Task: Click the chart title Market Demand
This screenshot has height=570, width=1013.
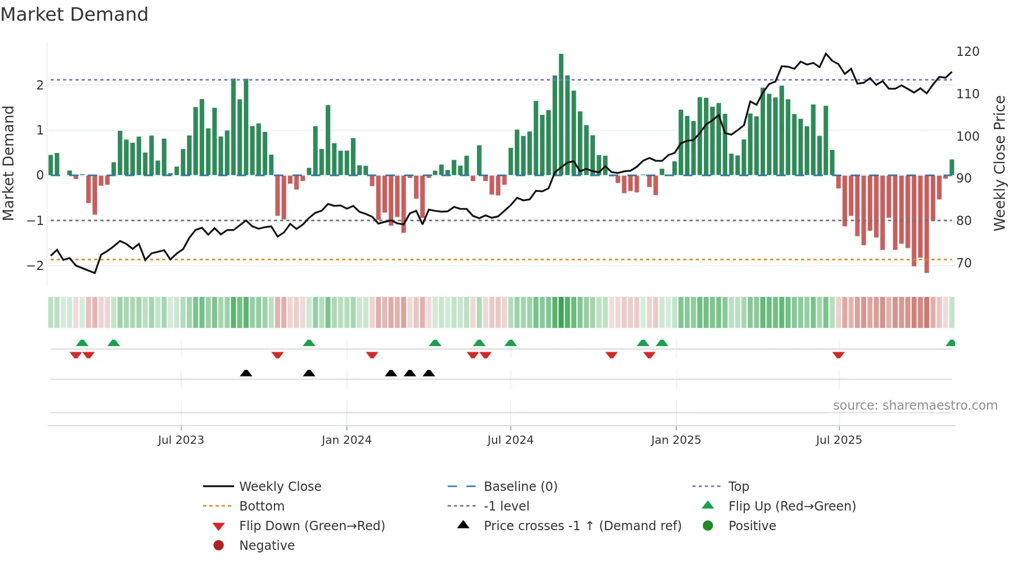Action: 74,14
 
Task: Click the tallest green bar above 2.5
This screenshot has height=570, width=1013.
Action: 561,114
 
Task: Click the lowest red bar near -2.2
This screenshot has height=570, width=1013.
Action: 927,223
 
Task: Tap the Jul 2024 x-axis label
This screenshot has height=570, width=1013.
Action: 510,440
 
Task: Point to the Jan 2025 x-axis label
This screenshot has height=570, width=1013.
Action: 676,440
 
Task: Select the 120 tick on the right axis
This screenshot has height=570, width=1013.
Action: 968,52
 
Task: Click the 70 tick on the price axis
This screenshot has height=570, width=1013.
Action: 964,263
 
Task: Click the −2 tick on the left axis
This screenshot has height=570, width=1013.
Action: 35,265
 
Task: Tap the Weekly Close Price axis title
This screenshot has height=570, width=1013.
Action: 1000,163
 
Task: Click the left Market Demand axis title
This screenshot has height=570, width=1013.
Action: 8,163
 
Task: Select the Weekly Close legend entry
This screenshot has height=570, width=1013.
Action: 280,487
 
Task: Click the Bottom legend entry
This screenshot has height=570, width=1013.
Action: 262,506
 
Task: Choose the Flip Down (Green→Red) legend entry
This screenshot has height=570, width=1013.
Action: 312,526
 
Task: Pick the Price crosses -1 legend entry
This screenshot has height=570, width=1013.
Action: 582,526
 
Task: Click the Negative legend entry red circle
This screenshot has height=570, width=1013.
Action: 219,546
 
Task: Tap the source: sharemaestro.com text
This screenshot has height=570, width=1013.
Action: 915,406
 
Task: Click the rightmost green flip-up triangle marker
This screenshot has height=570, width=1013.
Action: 950,343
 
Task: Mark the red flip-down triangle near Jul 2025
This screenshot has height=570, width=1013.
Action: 838,355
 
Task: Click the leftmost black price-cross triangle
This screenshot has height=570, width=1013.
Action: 246,373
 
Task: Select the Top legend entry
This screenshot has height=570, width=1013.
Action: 738,487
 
